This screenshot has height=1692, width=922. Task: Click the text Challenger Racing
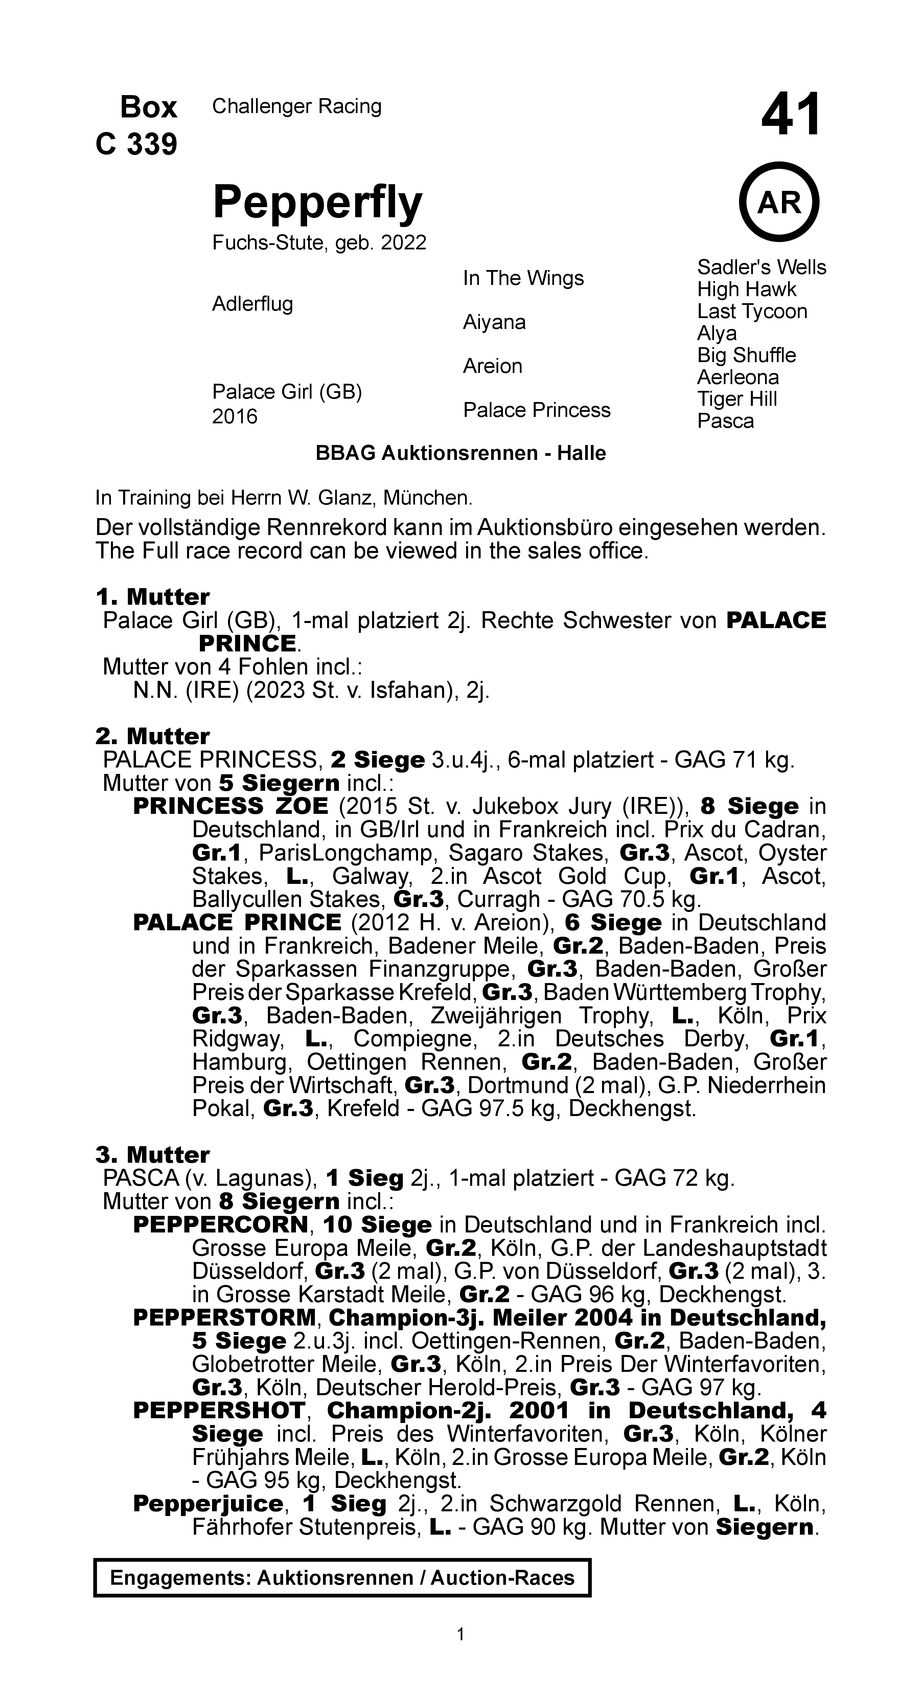296,106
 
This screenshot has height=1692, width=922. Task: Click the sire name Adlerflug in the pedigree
252,304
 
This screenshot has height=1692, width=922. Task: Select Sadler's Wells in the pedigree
761,267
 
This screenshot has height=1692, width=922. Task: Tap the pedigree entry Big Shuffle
746,355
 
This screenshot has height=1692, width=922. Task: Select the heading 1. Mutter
152,597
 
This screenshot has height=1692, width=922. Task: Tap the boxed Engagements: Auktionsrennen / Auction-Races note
342,1578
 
